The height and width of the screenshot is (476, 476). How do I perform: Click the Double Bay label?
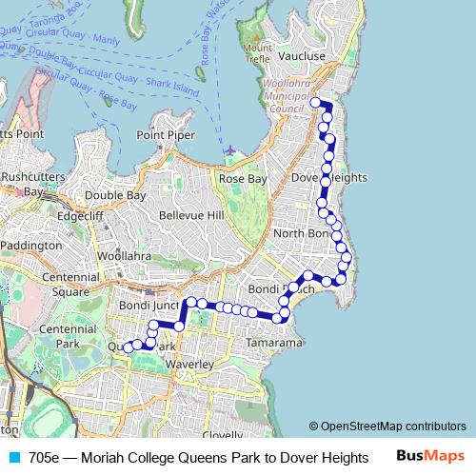click(x=115, y=195)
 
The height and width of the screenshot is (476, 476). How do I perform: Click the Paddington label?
click(x=31, y=246)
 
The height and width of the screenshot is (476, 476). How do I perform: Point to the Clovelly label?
click(x=223, y=434)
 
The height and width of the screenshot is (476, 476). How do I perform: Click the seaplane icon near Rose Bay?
click(x=228, y=149)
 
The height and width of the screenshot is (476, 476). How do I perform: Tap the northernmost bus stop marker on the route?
click(x=315, y=102)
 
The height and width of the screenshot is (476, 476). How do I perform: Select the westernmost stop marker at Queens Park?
click(x=128, y=347)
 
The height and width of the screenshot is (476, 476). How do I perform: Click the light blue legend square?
click(x=13, y=457)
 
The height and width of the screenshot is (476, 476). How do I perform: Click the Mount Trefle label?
click(x=258, y=53)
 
